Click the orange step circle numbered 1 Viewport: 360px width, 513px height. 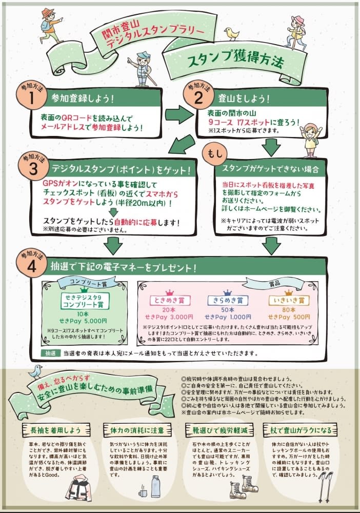pos(31,97)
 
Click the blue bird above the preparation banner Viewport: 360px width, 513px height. pos(35,371)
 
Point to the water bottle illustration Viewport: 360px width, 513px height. pos(155,486)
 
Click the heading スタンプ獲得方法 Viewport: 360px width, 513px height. pos(235,62)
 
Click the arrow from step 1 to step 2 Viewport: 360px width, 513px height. pos(177,114)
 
